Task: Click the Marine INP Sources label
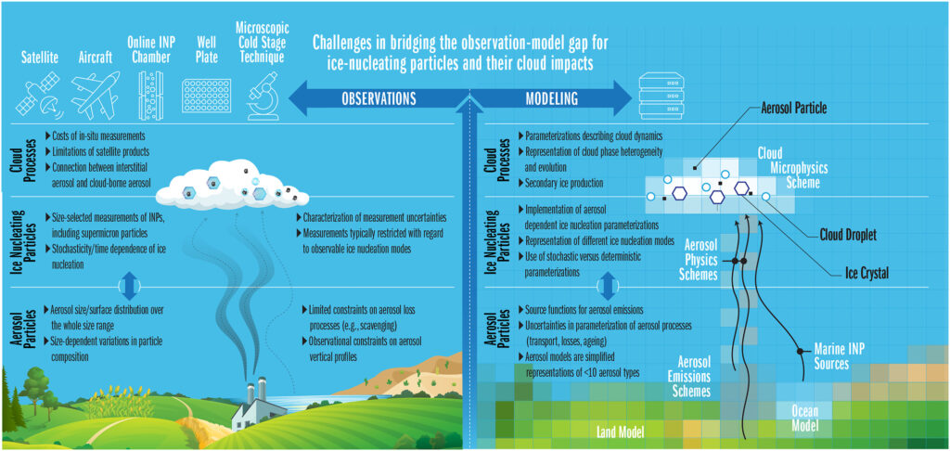coord(840,356)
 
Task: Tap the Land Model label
coord(619,431)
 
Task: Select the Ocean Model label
coord(792,418)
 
